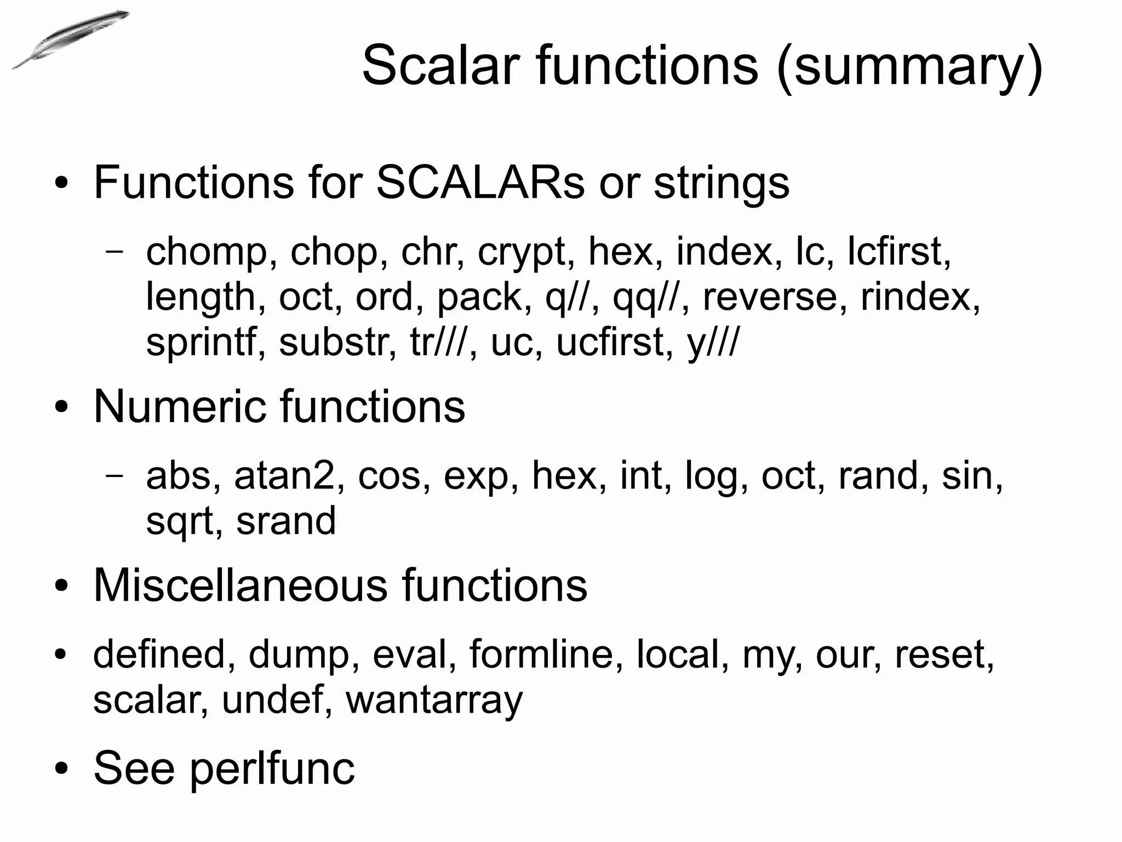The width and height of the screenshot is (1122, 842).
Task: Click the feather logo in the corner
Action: [x=70, y=39]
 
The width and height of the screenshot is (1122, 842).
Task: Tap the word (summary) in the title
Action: [x=909, y=67]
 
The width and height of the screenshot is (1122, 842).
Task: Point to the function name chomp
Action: [x=206, y=252]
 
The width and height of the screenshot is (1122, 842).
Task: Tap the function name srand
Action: [x=285, y=521]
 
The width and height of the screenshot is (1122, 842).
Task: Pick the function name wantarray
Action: [x=434, y=701]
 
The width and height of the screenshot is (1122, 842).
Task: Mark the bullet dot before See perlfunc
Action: [x=61, y=769]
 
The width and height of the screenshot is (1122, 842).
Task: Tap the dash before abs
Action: [x=114, y=475]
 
